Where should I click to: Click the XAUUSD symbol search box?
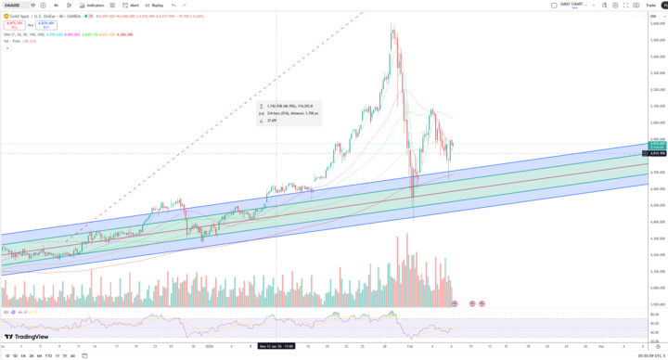(15, 5)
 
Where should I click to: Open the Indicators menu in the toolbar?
(93, 5)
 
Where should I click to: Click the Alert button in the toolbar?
(132, 5)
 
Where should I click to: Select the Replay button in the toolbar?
(155, 5)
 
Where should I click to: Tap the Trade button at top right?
(650, 5)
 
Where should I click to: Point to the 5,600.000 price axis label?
(657, 23)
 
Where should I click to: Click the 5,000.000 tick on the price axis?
(657, 122)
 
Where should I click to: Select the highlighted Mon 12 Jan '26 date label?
(276, 346)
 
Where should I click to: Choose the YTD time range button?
(47, 355)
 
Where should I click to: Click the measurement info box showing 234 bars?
(289, 113)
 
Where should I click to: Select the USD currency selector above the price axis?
(657, 13)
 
